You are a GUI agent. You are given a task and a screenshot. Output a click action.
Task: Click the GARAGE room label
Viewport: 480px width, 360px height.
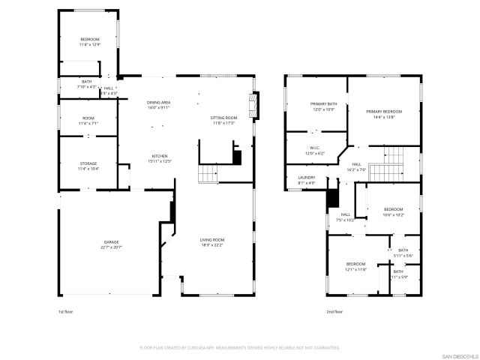pos(111,242)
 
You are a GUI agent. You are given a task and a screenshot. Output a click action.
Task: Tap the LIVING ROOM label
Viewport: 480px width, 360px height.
pos(212,239)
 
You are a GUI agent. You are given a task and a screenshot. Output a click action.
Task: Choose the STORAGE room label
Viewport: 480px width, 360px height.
pos(88,163)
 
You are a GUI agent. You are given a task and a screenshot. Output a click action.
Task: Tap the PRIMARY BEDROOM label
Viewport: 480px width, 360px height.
pos(384,112)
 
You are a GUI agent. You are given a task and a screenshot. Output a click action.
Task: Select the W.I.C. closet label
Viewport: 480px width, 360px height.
pos(316,148)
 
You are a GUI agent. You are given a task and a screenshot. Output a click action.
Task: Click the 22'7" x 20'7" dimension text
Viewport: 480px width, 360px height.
pos(111,247)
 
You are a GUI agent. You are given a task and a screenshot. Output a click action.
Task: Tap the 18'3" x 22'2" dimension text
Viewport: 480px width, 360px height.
pos(212,244)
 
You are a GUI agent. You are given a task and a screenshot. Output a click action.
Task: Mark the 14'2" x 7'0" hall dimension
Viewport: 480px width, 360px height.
pos(357,169)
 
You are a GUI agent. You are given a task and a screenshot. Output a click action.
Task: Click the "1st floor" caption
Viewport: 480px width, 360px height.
pos(66,311)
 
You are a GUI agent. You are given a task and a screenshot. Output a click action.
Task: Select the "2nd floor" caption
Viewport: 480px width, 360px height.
pos(334,311)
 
